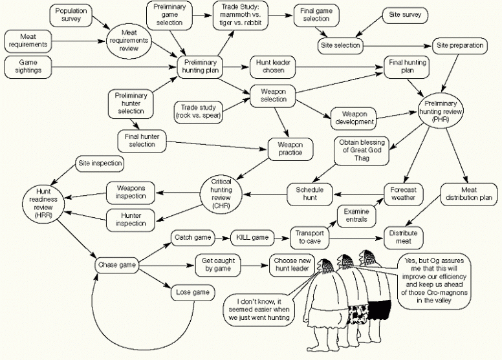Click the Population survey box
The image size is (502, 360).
71,15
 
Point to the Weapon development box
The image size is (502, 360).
354,117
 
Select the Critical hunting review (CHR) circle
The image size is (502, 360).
222,191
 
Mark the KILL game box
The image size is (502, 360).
250,237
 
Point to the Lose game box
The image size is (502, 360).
193,293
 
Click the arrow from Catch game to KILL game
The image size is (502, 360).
221,237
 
